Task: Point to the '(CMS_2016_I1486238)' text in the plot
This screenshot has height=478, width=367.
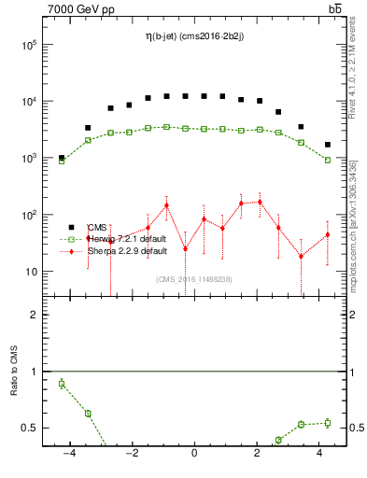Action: (194, 278)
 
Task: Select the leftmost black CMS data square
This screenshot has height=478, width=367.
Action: (62, 158)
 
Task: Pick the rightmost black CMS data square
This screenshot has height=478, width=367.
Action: (327, 145)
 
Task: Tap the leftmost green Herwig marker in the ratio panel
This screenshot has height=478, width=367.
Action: (62, 383)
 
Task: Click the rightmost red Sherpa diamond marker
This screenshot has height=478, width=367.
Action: (327, 234)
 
